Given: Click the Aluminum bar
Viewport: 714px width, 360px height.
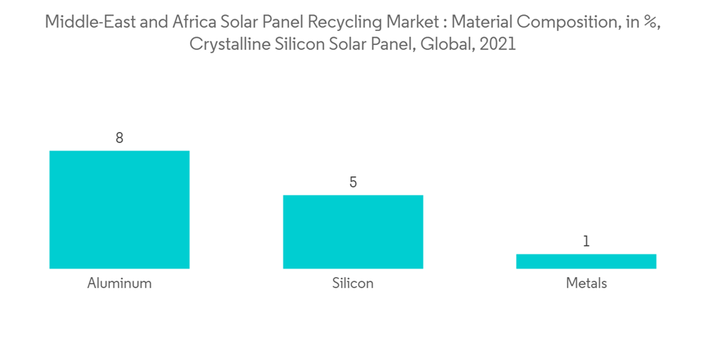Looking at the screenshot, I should coord(119,209).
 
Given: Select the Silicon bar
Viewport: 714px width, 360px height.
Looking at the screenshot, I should coord(353,231).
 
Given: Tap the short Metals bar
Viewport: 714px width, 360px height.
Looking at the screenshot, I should coord(585,261).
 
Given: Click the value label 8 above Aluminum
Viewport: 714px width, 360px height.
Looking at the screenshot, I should coord(119,138).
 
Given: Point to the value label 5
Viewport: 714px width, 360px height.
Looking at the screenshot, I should coord(353,183).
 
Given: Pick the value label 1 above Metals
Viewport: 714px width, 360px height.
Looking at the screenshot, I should coord(586,241).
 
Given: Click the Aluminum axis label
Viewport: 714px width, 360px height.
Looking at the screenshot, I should coord(119,283).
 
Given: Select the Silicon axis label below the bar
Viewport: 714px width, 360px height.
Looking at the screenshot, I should coord(353,283).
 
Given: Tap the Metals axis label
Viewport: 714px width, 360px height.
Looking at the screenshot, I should coord(586,283).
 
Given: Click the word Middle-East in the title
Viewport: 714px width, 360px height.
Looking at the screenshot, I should coord(86,21).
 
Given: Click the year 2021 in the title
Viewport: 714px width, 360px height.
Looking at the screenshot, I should coord(497,44).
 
